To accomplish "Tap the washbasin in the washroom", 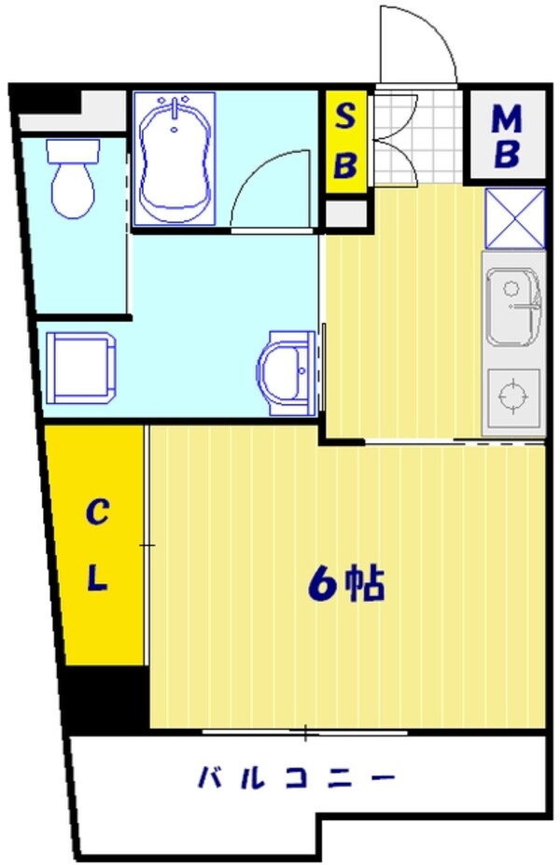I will [286, 371].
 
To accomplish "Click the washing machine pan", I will [82, 368].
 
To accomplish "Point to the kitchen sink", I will [511, 309].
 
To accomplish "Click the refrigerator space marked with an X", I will [514, 218].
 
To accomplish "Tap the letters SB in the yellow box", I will [345, 142].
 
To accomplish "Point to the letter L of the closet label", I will [98, 579].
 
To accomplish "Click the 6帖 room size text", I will [346, 584].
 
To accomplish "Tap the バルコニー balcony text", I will [296, 776].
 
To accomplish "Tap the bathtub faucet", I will [175, 104].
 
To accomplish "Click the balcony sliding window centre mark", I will [305, 732].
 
